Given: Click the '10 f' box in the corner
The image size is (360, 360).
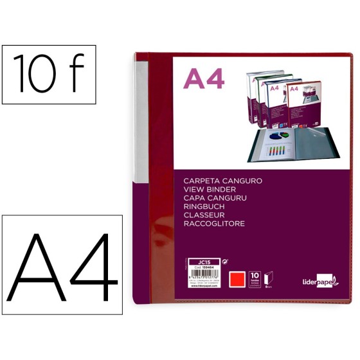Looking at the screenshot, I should click(x=49, y=75).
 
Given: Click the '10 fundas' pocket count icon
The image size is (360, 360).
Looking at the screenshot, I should click(x=273, y=276).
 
